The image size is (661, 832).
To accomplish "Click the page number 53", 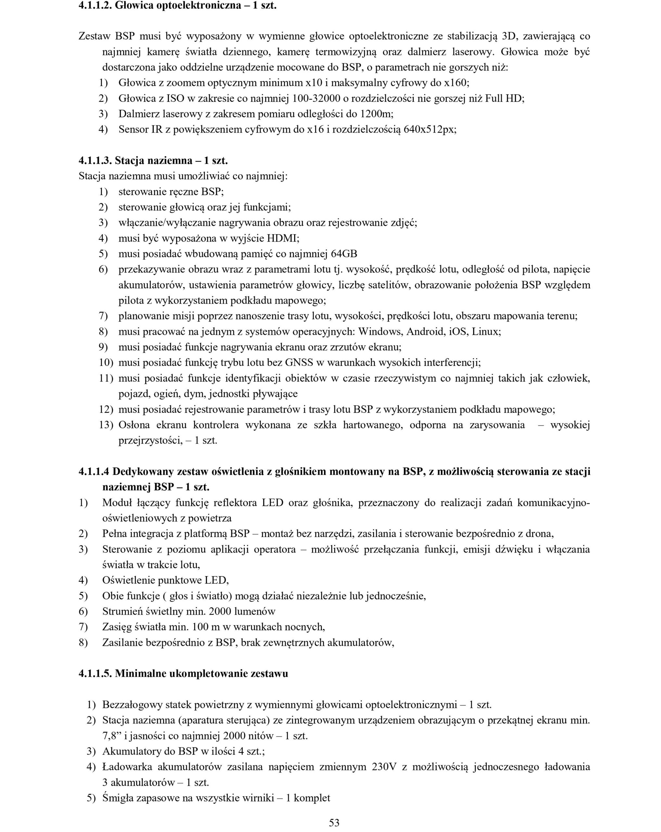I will [334, 822].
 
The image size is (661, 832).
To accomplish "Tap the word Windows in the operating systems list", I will [381, 331].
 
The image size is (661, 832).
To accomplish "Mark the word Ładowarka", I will [127, 766].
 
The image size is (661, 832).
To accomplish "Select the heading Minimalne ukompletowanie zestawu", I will [201, 673].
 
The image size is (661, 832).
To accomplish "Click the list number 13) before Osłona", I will [106, 425].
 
